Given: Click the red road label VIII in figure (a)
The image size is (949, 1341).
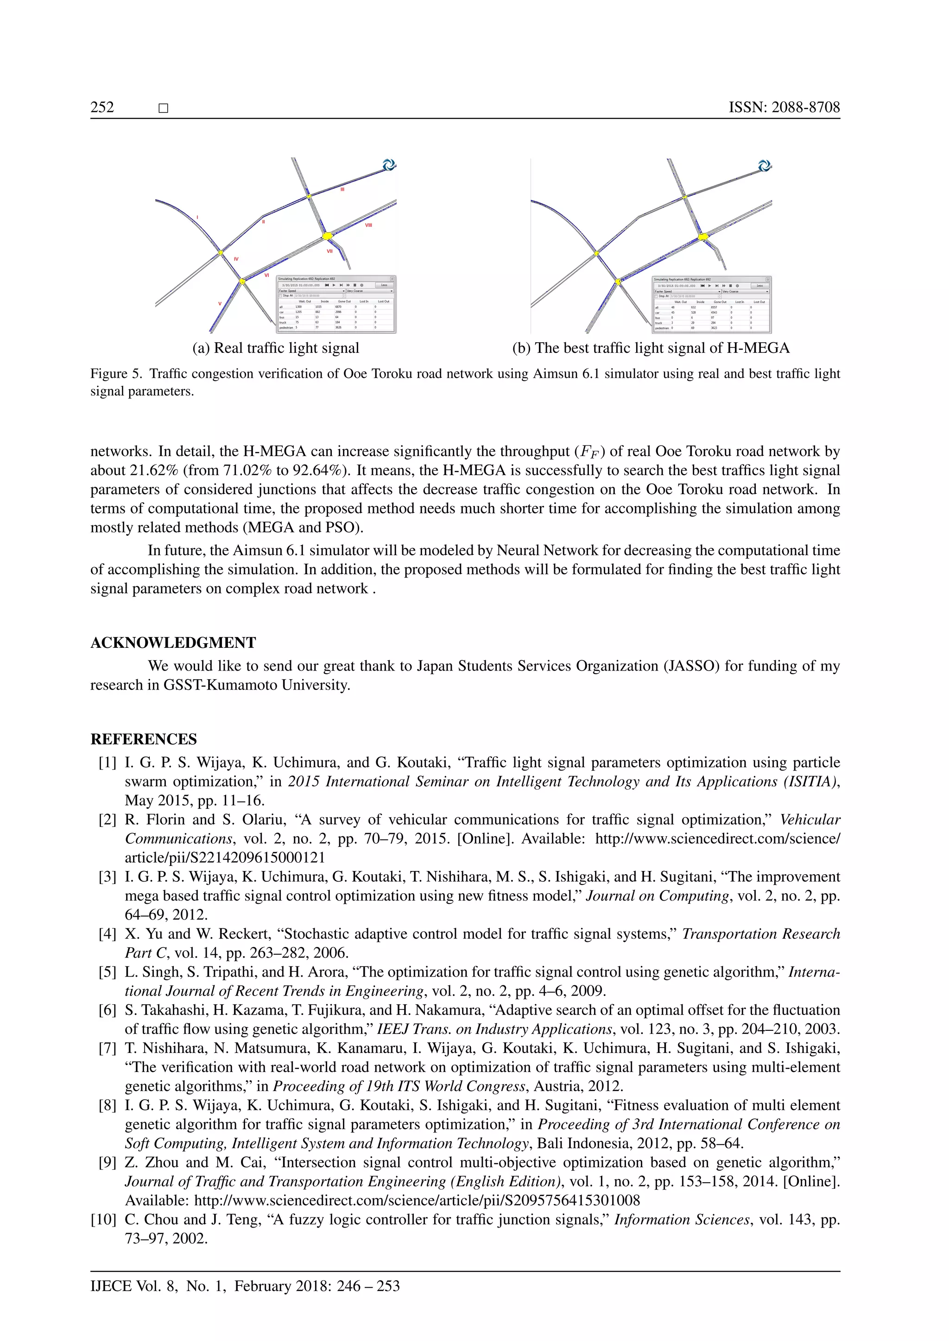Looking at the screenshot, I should click(368, 225).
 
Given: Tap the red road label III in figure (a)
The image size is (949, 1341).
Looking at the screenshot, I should click(342, 189).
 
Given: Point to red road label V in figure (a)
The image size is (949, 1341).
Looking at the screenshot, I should click(220, 303).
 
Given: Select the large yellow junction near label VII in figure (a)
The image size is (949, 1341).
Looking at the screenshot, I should click(327, 235).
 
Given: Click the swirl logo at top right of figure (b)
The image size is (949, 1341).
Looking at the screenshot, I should click(764, 166).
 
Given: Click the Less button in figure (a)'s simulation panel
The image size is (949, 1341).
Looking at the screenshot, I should click(384, 285).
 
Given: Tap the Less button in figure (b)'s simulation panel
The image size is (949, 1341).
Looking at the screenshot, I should click(759, 286).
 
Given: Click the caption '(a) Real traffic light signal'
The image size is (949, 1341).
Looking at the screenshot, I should click(276, 348).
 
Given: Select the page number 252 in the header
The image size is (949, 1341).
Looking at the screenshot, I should click(102, 107).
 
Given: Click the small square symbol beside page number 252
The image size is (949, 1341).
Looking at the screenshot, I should click(164, 108).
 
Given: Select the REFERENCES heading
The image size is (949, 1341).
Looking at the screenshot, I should click(144, 739).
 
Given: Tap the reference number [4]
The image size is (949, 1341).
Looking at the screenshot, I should click(108, 934).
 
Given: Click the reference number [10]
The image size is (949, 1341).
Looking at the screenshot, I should click(103, 1220).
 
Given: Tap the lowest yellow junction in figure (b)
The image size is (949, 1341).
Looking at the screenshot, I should click(618, 282).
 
